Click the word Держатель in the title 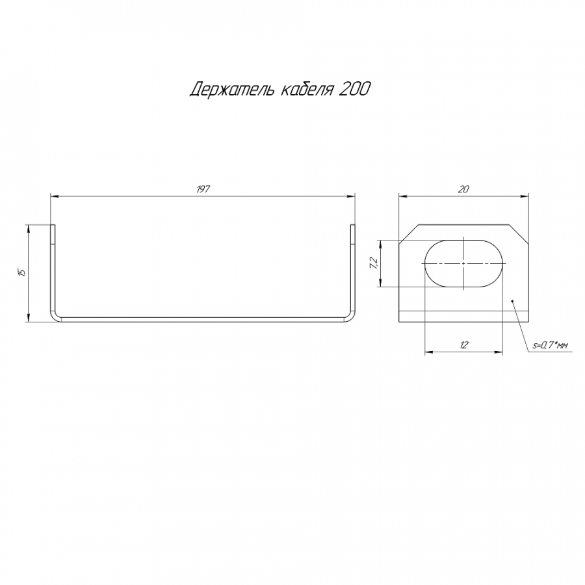pyautogui.click(x=233, y=90)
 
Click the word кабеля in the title pyautogui.click(x=307, y=90)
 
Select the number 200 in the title pyautogui.click(x=354, y=89)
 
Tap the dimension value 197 pyautogui.click(x=203, y=189)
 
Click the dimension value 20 pyautogui.click(x=463, y=189)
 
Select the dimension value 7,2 pyautogui.click(x=374, y=263)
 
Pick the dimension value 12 pyautogui.click(x=463, y=345)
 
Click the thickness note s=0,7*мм pyautogui.click(x=551, y=346)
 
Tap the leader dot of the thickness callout pyautogui.click(x=513, y=301)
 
